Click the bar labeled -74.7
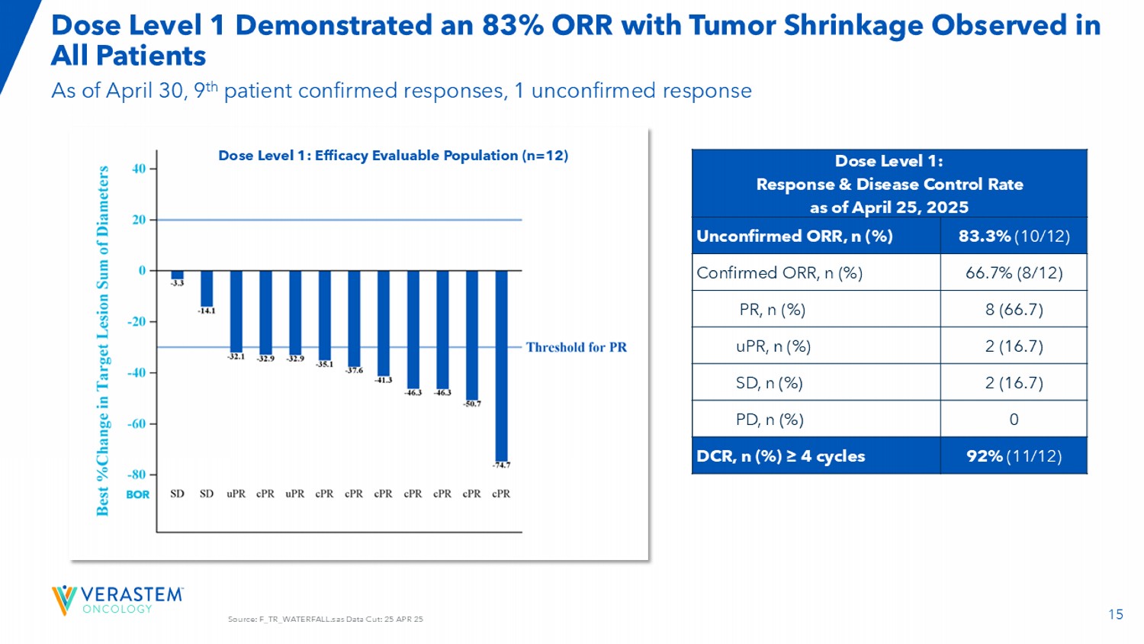(x=501, y=365)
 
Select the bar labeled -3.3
(x=178, y=275)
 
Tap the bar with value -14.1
(x=207, y=288)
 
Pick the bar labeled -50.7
(x=472, y=334)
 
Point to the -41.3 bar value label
(x=384, y=380)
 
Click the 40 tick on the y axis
(x=139, y=169)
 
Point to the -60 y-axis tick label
(x=137, y=423)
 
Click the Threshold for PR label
(x=576, y=347)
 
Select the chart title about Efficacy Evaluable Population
(x=393, y=156)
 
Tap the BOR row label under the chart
(x=138, y=494)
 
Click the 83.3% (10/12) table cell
(x=1014, y=236)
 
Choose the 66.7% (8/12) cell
(x=1014, y=272)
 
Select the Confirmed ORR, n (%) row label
(x=779, y=272)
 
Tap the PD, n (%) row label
(x=770, y=420)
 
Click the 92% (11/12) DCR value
(x=1014, y=456)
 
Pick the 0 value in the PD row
(x=1014, y=420)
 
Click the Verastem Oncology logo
(x=117, y=600)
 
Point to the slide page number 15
(x=1116, y=614)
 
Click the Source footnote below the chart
(x=326, y=620)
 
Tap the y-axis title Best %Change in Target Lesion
(x=103, y=340)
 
